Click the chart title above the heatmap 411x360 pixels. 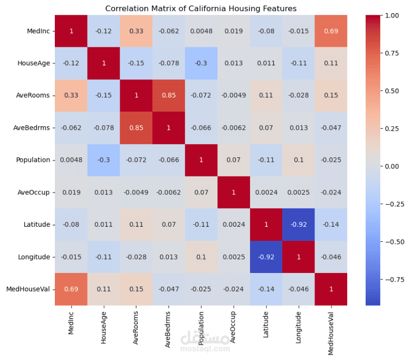click(201, 9)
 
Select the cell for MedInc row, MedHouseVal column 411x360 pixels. click(332, 31)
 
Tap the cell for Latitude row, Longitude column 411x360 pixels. click(299, 224)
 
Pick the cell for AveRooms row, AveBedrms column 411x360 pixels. click(169, 96)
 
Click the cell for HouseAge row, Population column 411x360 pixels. click(201, 63)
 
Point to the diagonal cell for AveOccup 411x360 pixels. click(234, 192)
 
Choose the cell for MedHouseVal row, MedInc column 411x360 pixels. click(71, 289)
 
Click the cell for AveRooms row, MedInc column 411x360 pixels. click(71, 96)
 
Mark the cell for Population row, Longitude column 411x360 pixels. click(299, 160)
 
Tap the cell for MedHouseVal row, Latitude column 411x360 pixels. click(267, 289)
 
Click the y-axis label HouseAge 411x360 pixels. click(34, 63)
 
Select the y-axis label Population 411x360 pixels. click(33, 160)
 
